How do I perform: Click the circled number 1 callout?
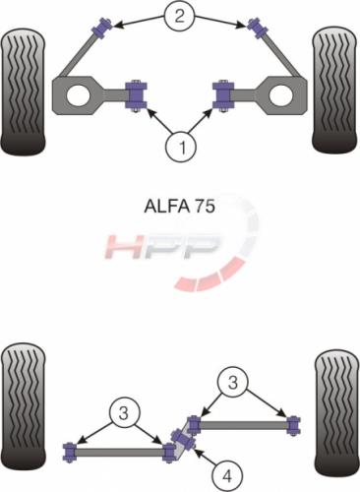coord(181,147)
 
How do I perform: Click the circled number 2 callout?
coord(179,16)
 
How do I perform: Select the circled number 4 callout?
coord(227,475)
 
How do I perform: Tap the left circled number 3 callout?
coord(124,413)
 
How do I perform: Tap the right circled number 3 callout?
coord(232,382)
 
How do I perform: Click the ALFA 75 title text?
coord(180,207)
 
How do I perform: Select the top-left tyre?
coord(23,92)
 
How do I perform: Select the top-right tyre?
coord(334,90)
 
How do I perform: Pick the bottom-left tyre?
coord(23,406)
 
